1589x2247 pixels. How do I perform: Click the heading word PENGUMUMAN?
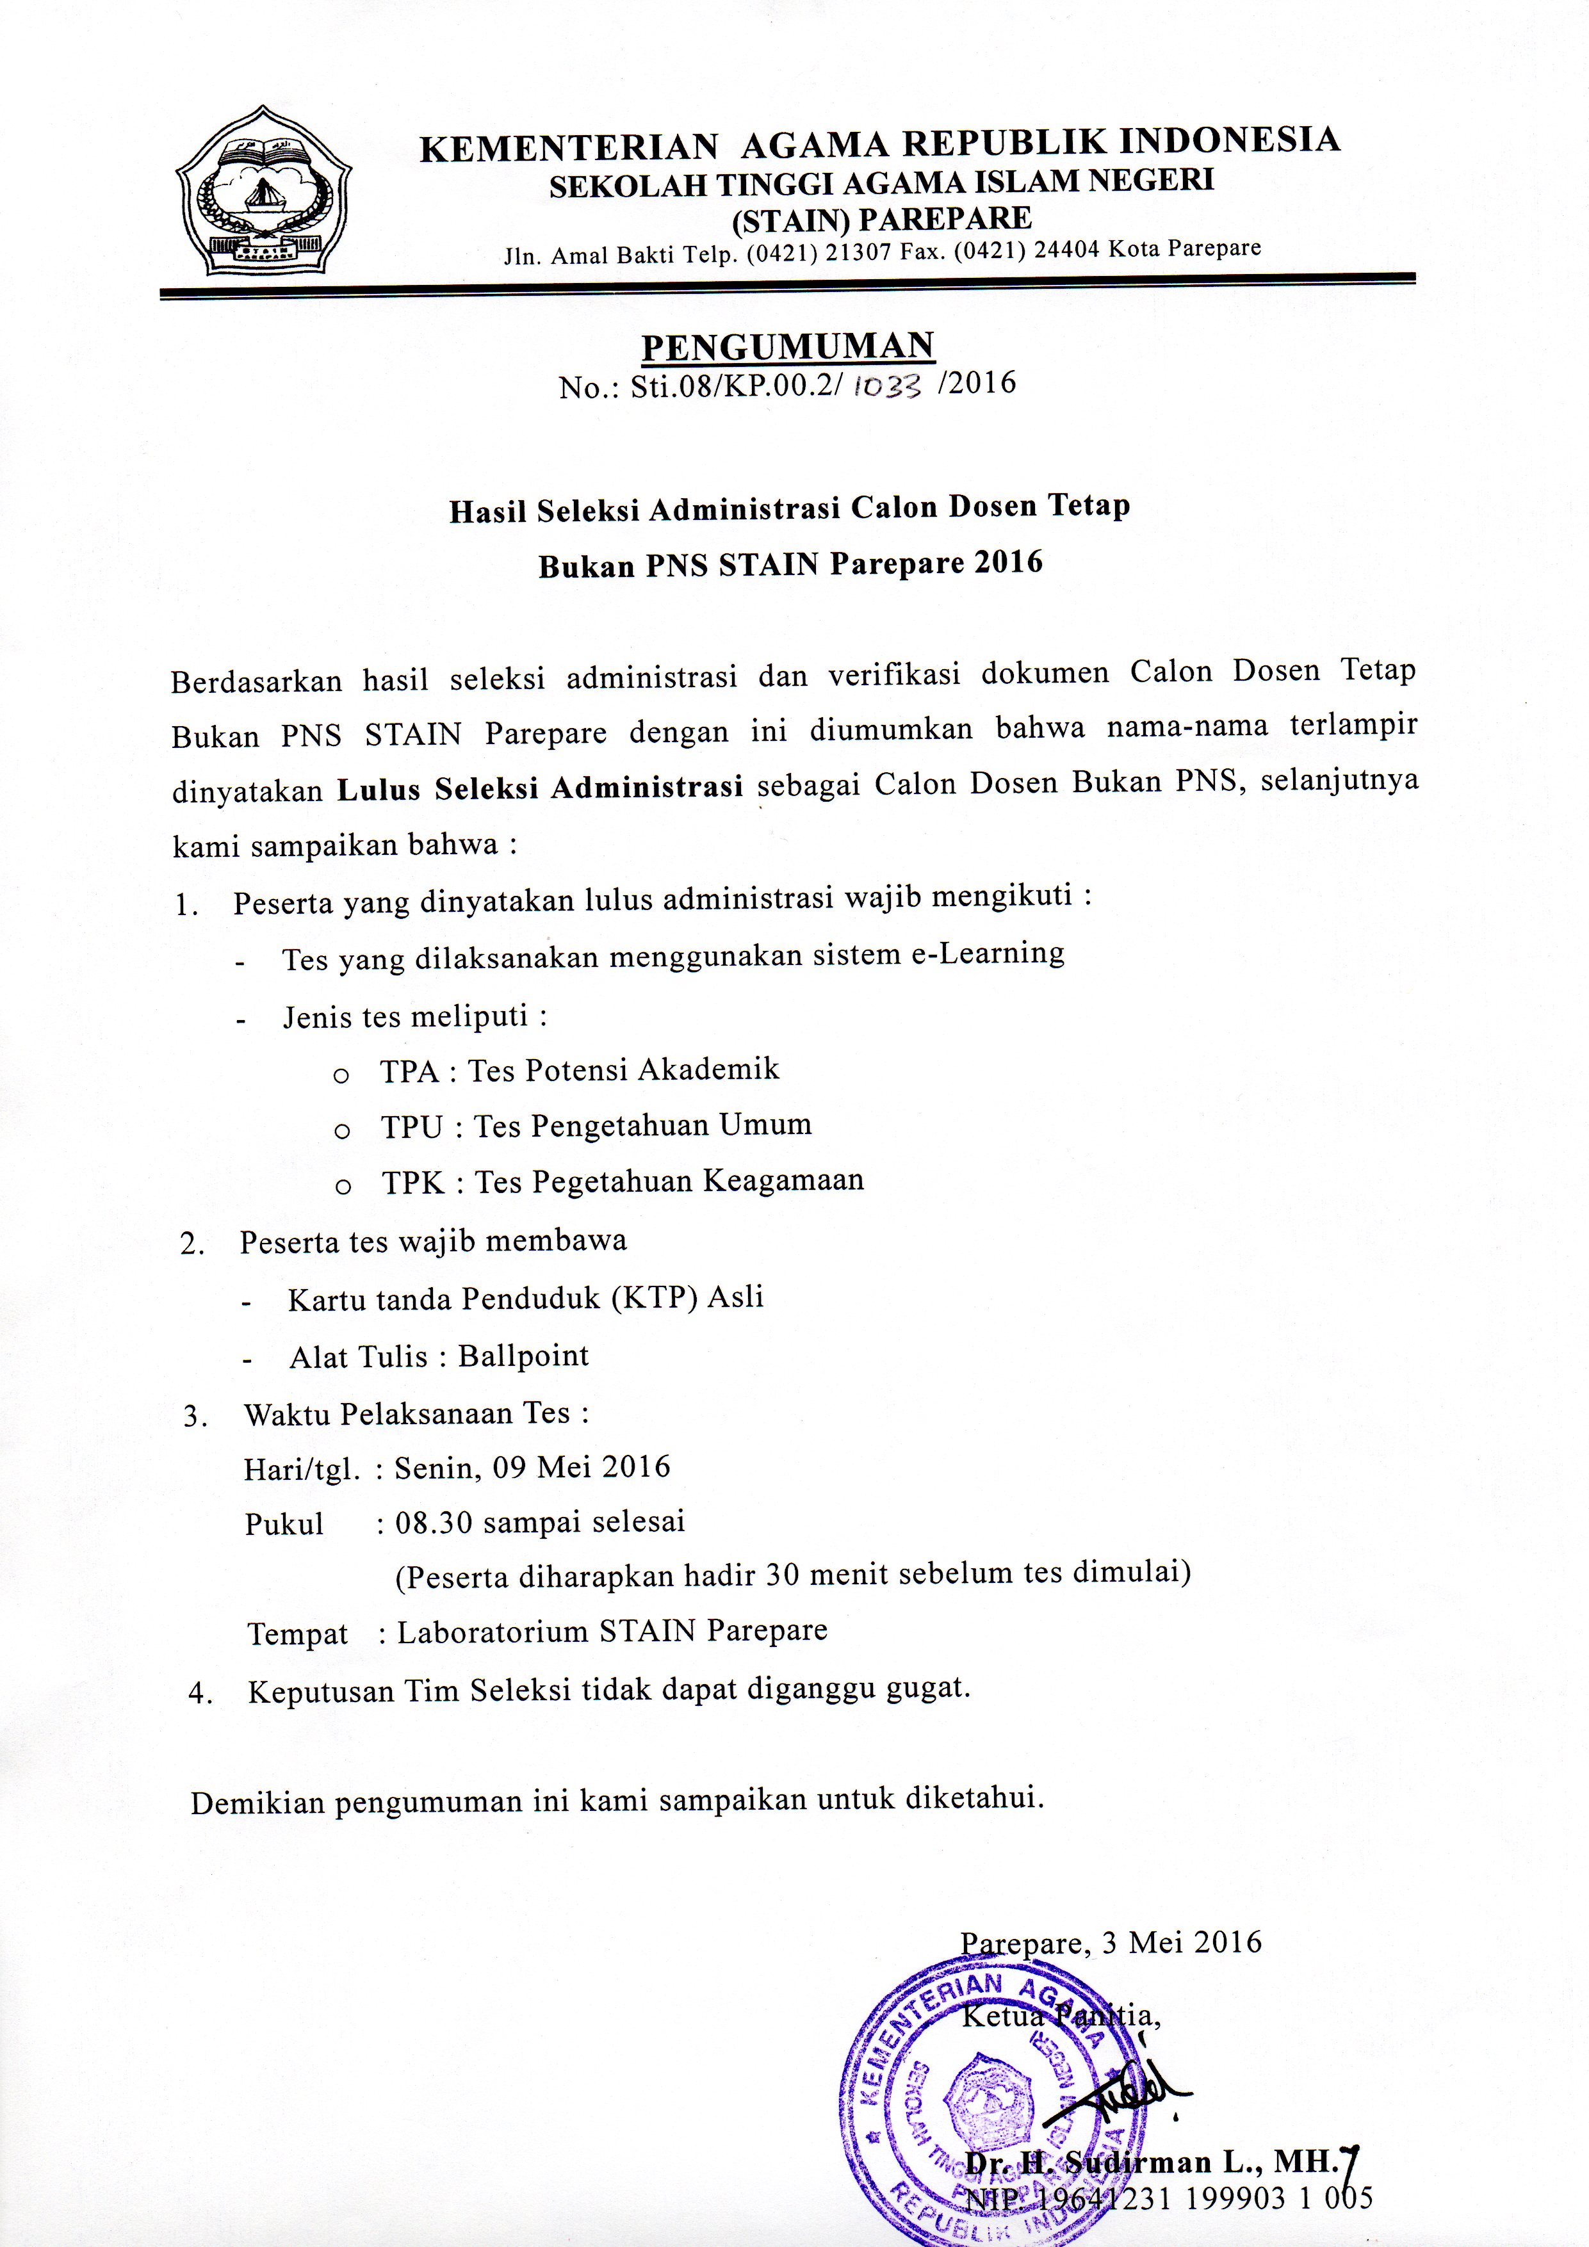[x=787, y=345]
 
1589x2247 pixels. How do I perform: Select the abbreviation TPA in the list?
[x=409, y=1071]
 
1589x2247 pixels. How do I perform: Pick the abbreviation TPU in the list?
[x=412, y=1128]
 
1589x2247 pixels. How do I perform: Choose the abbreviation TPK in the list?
[x=413, y=1183]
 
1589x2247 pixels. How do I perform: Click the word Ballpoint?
[x=524, y=1356]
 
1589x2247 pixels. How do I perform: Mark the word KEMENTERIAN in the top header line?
[x=570, y=148]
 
